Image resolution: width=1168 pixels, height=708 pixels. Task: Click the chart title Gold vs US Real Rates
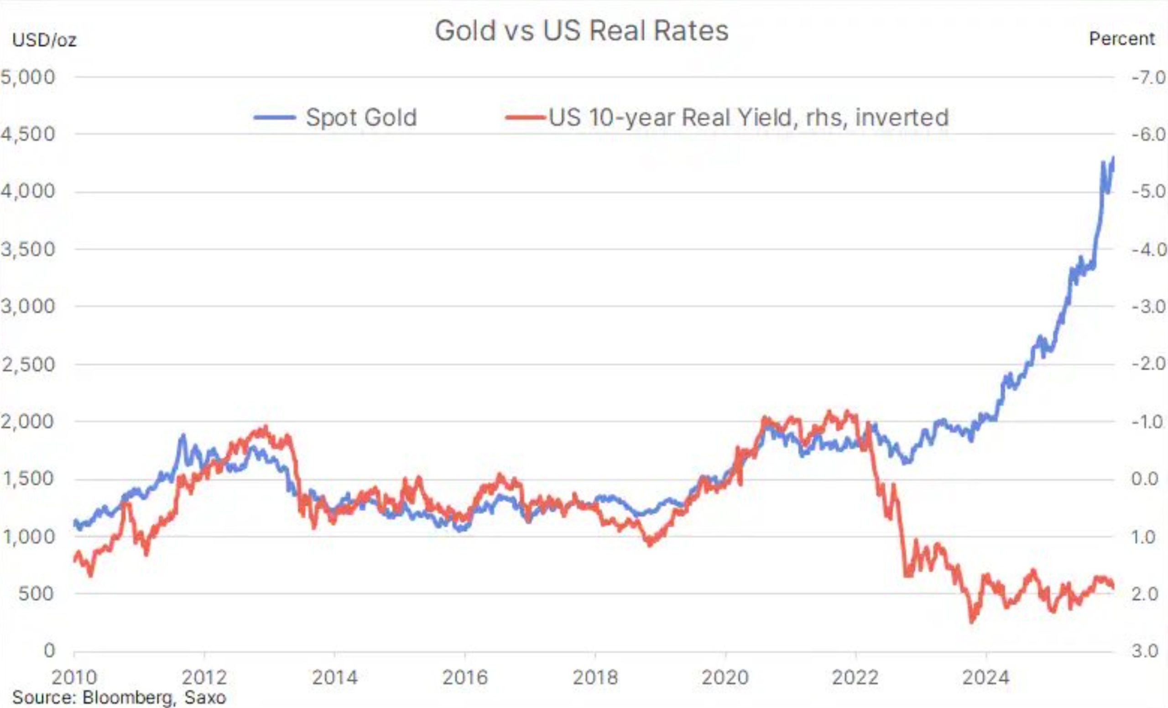[x=582, y=31]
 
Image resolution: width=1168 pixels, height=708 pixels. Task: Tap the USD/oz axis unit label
[x=44, y=40]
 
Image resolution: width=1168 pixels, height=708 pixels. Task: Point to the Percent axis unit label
[x=1121, y=38]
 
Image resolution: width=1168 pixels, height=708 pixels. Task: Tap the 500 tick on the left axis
[x=37, y=593]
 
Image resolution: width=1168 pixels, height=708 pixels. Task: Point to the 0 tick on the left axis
[x=49, y=651]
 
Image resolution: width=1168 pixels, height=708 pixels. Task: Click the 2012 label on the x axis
[x=204, y=677]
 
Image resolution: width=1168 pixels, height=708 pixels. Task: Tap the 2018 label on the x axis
[x=595, y=677]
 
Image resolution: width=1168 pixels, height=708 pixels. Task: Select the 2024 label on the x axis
[x=986, y=677]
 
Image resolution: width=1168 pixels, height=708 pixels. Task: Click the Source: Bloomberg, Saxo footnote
[x=119, y=698]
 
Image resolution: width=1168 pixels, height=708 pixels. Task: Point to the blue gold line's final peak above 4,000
[x=1112, y=158]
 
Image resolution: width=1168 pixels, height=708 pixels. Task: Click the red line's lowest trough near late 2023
[x=972, y=621]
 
